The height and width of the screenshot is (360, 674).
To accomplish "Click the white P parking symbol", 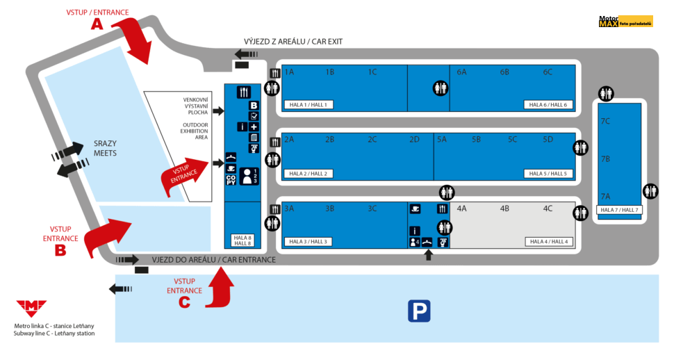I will click(419, 311).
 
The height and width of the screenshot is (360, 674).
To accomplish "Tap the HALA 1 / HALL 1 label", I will click(309, 105).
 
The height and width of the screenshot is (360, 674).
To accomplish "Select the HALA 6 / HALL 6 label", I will click(548, 105).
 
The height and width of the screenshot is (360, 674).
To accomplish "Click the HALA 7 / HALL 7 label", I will click(619, 209).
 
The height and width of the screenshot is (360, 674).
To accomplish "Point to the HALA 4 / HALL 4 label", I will click(549, 242).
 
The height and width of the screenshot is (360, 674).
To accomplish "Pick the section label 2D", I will click(415, 140).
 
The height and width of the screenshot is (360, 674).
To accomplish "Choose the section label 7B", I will click(605, 159).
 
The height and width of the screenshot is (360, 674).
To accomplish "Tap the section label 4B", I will click(504, 208).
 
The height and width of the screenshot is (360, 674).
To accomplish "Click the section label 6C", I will click(548, 72).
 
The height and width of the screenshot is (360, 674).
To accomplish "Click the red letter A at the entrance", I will click(97, 23).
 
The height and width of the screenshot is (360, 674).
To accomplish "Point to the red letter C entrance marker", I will click(184, 302).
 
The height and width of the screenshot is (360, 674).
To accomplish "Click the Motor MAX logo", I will click(625, 22).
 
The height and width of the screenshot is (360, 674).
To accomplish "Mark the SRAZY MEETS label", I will click(105, 147).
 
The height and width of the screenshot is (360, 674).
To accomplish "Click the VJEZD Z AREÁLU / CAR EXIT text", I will click(293, 42).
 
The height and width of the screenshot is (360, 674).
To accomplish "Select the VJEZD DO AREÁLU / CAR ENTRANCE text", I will click(213, 260).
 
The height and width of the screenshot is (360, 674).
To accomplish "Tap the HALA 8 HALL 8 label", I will click(243, 240).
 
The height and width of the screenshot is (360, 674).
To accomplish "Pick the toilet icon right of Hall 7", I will click(650, 190).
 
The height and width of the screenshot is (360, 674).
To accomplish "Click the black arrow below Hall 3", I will click(428, 255).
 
